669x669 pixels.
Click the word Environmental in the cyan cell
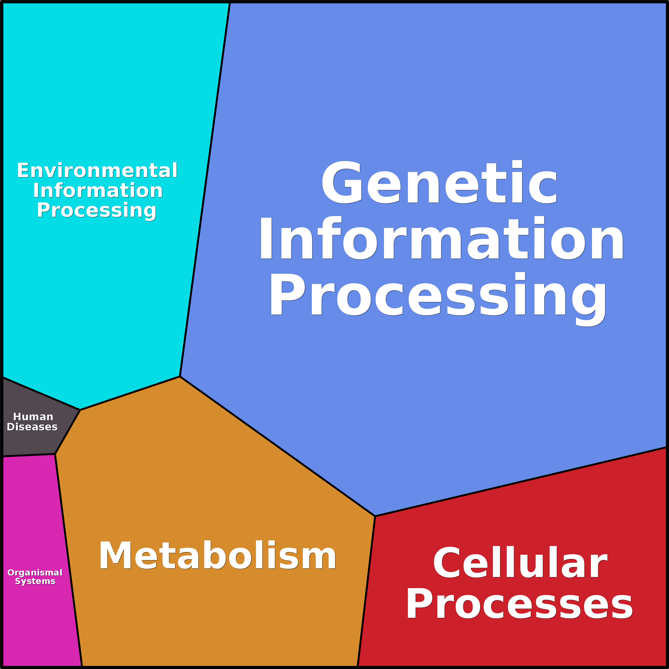click(97, 170)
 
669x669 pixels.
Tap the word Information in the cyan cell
click(98, 190)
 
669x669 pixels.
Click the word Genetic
click(439, 182)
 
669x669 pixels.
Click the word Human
click(33, 417)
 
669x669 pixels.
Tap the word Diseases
click(32, 427)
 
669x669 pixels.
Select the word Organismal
click(35, 573)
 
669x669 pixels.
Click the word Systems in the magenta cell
click(35, 581)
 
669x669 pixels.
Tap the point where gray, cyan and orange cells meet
click(80, 410)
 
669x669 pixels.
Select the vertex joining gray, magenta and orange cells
click(55, 454)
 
